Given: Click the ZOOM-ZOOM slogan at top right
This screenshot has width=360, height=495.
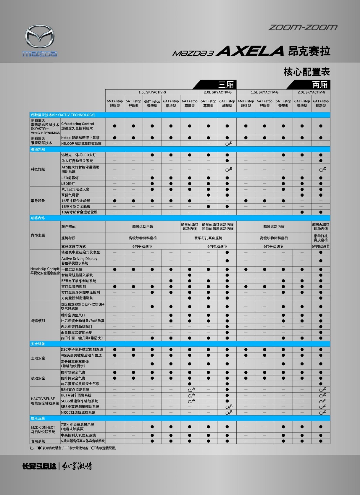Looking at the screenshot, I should click(x=303, y=27).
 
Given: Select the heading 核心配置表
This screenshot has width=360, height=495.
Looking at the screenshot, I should click(x=307, y=72).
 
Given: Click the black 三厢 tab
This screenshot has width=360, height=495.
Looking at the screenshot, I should click(x=226, y=85).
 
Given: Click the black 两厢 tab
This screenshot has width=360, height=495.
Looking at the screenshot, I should click(x=319, y=85).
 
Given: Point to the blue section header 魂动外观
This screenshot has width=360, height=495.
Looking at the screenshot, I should click(x=38, y=149).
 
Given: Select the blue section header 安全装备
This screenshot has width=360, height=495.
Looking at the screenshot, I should click(x=38, y=344).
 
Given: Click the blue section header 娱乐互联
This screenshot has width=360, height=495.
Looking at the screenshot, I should click(x=38, y=418).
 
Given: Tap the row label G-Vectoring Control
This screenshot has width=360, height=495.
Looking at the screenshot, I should click(x=78, y=124).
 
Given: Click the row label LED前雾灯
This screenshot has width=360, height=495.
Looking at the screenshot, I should click(x=70, y=178).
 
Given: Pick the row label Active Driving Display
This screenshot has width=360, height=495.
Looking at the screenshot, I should click(x=79, y=259).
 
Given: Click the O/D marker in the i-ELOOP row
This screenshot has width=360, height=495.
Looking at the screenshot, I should click(x=229, y=144).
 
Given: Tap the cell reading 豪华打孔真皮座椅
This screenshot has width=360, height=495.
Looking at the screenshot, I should click(x=208, y=238).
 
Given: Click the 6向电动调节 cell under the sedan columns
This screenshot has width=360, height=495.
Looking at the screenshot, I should click(x=217, y=246).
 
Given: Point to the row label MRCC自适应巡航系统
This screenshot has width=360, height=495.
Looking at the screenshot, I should click(x=78, y=413).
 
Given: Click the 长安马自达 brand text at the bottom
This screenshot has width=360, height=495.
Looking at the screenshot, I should click(x=39, y=466).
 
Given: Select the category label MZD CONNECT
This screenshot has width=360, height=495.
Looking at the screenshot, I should click(x=43, y=427).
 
